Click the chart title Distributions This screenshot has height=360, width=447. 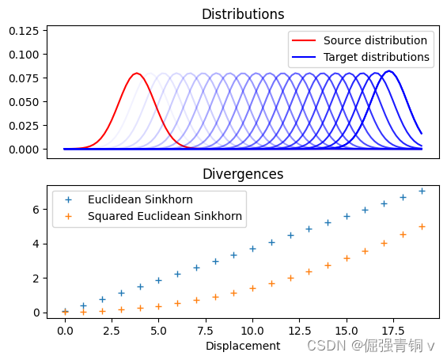coord(243,14)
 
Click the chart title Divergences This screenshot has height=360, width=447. coord(243,174)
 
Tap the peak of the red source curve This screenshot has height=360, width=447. coord(136,74)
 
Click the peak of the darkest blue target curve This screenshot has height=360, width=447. coord(388,71)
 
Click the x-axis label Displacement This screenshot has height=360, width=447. coord(243,346)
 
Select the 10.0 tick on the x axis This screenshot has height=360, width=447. coord(252,328)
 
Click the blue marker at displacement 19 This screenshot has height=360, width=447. coord(422,191)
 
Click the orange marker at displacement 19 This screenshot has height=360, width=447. coord(422,226)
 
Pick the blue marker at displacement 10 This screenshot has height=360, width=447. coord(252,248)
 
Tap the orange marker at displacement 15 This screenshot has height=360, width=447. coord(347,258)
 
